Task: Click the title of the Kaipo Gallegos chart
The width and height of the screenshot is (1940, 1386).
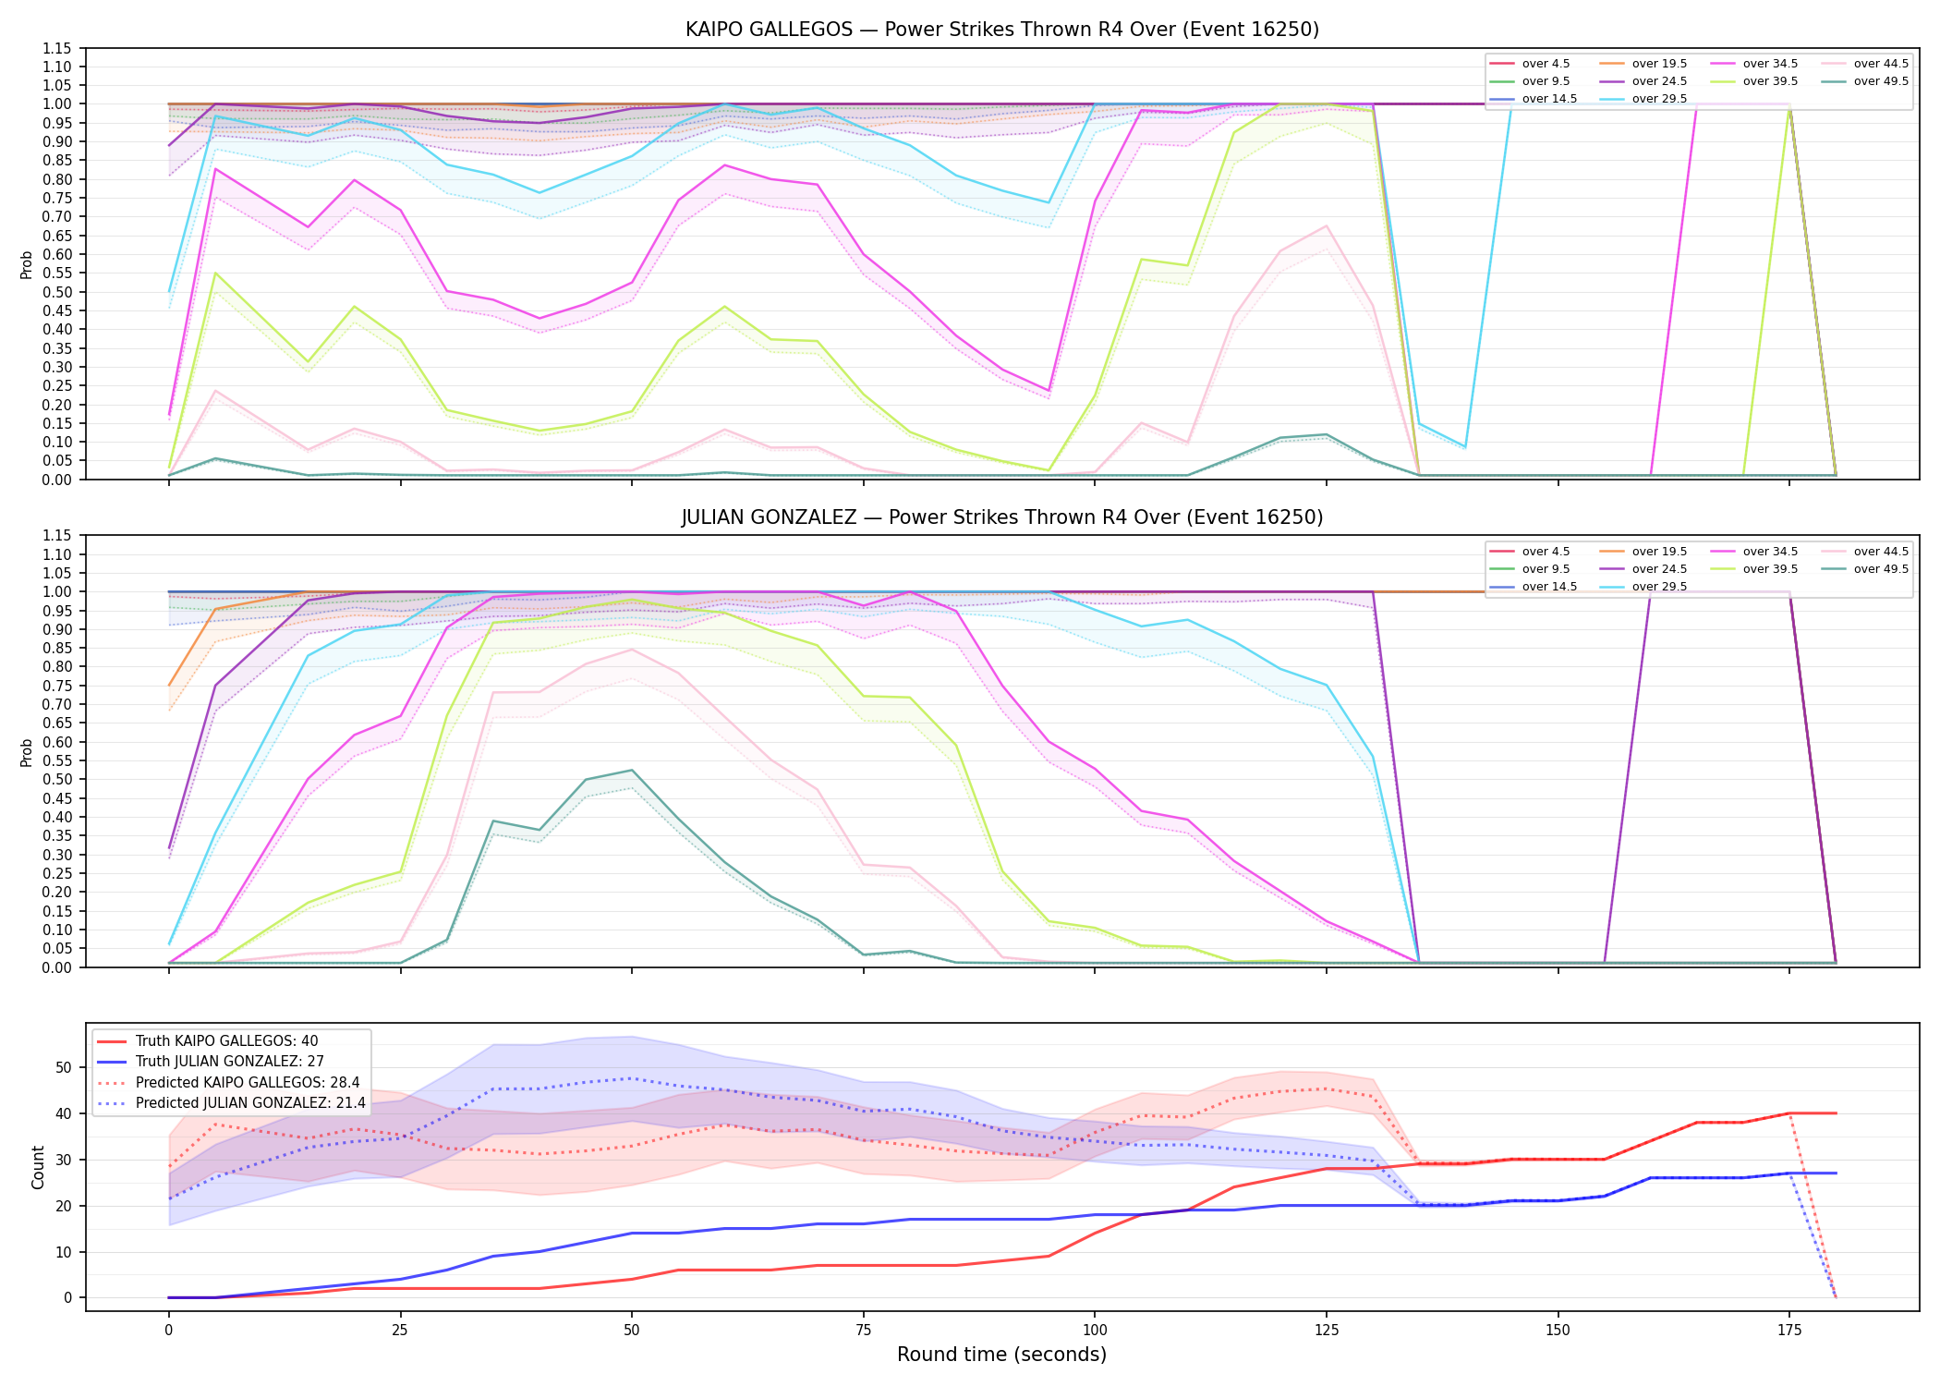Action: click(1002, 30)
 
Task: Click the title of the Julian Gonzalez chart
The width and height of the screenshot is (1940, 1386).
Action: click(1002, 517)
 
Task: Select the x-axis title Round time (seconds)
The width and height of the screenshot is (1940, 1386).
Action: click(1001, 1355)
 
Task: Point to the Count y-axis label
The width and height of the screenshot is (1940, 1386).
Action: click(38, 1167)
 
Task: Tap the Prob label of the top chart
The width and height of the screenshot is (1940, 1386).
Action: click(27, 264)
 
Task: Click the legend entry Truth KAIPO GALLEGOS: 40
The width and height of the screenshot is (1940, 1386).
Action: click(226, 1041)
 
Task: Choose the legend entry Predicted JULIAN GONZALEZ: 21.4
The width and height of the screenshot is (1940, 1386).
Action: click(250, 1103)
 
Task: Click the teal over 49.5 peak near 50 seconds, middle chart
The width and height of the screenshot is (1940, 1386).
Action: click(631, 770)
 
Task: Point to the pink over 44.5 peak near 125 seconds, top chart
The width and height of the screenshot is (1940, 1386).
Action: click(1327, 225)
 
